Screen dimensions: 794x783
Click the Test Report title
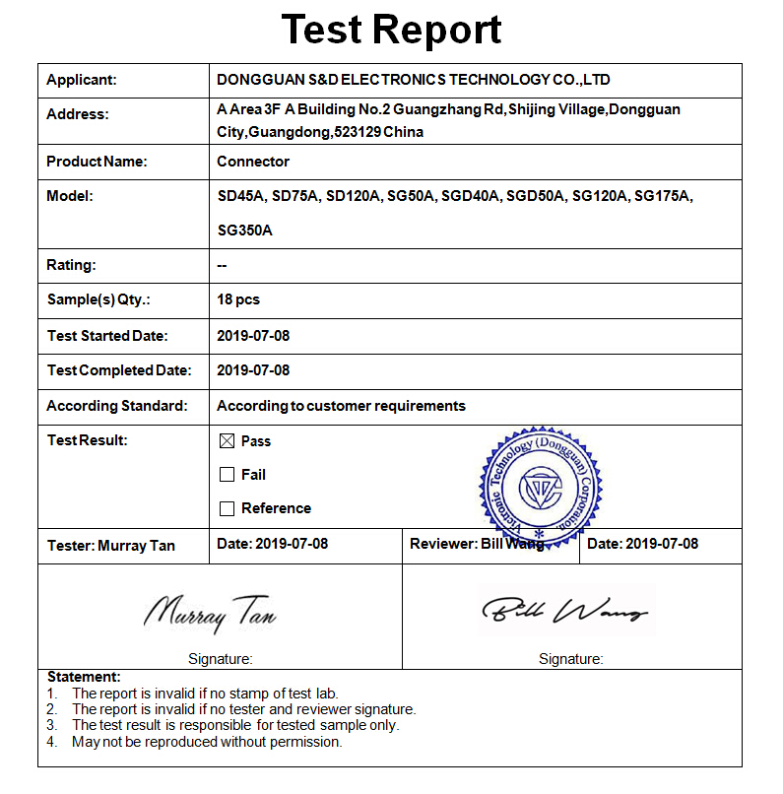pyautogui.click(x=391, y=30)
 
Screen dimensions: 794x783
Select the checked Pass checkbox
pyautogui.click(x=227, y=441)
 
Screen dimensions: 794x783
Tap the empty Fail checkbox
pyautogui.click(x=227, y=475)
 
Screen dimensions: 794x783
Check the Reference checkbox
pyautogui.click(x=227, y=508)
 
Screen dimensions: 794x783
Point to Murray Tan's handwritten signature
pyautogui.click(x=210, y=613)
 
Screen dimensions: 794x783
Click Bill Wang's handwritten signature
pyautogui.click(x=565, y=611)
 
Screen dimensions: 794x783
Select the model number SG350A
pyautogui.click(x=244, y=231)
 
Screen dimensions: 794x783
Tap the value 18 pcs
pyautogui.click(x=238, y=299)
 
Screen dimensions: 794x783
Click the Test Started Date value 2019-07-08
pyautogui.click(x=253, y=336)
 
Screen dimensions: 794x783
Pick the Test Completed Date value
pyautogui.click(x=253, y=370)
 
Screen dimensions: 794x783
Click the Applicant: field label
pyautogui.click(x=82, y=80)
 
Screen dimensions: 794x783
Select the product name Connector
pyautogui.click(x=253, y=162)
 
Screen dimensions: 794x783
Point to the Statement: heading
pyautogui.click(x=84, y=677)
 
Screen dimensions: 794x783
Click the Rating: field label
pyautogui.click(x=71, y=265)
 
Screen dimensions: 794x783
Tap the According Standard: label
pyautogui.click(x=116, y=406)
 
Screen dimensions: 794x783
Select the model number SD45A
pyautogui.click(x=240, y=196)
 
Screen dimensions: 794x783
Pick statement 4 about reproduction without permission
pyautogui.click(x=207, y=742)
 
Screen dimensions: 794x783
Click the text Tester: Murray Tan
pyautogui.click(x=111, y=546)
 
